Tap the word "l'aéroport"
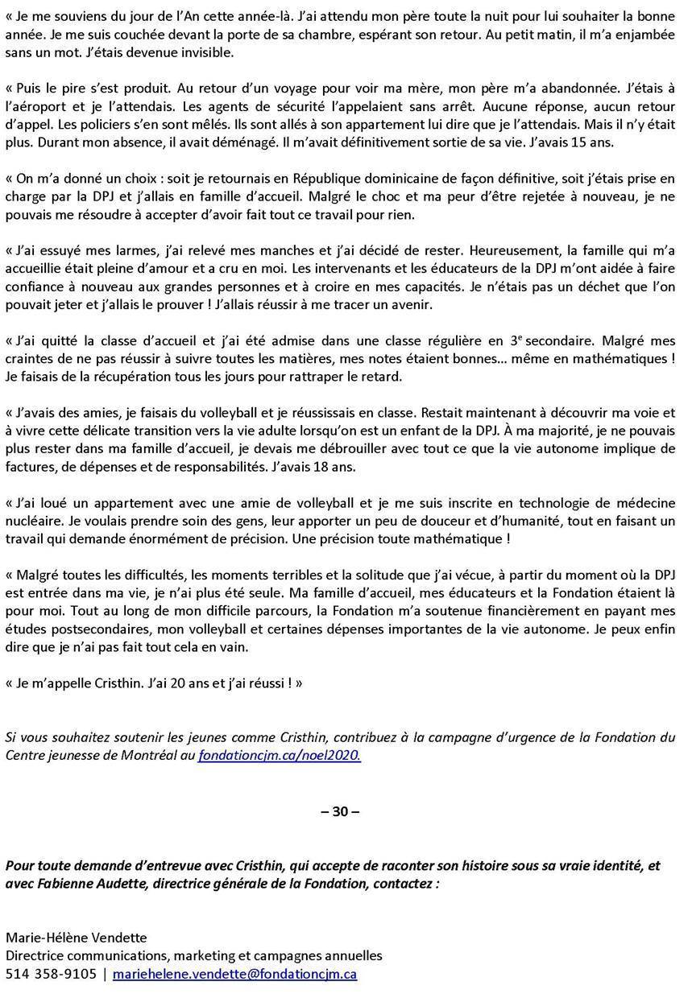pos(36,105)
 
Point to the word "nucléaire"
pos(31,521)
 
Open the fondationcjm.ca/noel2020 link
pos(280,755)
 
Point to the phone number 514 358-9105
pos(51,974)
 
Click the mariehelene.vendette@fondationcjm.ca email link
pos(234,974)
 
